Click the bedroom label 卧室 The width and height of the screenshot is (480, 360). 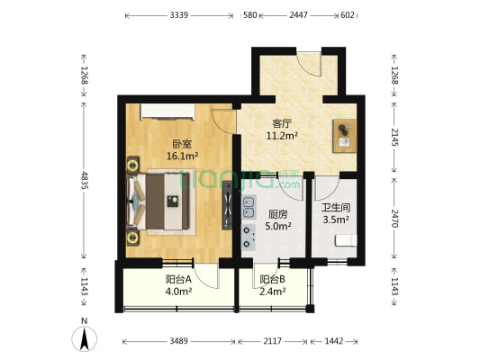[x=182, y=142]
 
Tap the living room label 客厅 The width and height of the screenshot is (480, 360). [x=283, y=123]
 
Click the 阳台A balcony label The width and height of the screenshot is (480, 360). [x=178, y=278]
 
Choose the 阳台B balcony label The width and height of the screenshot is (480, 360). [x=273, y=279]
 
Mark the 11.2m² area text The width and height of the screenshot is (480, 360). [x=283, y=137]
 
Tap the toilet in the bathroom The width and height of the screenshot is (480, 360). [x=346, y=240]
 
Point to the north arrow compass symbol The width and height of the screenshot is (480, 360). [x=84, y=339]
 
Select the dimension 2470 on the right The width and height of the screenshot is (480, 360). [x=394, y=218]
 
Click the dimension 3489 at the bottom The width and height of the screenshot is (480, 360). [x=179, y=342]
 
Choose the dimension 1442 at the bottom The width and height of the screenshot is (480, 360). [x=333, y=342]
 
